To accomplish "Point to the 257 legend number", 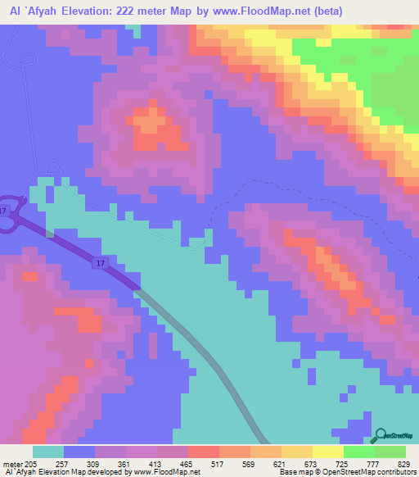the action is coord(81,463).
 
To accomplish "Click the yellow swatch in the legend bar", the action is coord(328,452).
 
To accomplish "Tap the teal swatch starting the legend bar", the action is coord(48,452).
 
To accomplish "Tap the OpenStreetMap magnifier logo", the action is coord(382,436).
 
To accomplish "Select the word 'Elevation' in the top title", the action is coord(79,11).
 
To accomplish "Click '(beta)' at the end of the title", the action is coord(322,11).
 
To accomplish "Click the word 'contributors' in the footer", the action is coord(395,472).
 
